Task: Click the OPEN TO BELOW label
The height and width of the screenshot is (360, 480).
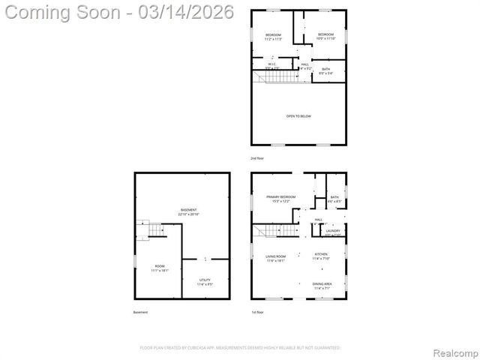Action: click(x=298, y=116)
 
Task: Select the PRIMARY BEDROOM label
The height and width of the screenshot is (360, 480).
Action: click(x=281, y=198)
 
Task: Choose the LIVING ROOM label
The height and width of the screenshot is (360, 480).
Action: click(x=275, y=257)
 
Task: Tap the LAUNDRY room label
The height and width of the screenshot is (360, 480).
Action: click(x=333, y=232)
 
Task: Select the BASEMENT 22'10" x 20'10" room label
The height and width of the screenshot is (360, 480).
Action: click(x=189, y=211)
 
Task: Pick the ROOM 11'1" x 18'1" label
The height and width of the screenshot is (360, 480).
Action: click(x=160, y=268)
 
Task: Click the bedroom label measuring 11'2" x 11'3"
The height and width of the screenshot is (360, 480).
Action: click(x=273, y=37)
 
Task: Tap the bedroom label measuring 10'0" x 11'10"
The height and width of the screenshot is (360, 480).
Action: click(x=325, y=36)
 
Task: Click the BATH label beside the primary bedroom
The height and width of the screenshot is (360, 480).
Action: click(x=334, y=199)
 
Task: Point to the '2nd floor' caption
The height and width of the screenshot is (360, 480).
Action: click(x=257, y=158)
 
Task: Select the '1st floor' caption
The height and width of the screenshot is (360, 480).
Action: click(x=257, y=312)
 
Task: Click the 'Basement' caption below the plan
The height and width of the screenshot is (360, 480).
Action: click(x=141, y=312)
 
